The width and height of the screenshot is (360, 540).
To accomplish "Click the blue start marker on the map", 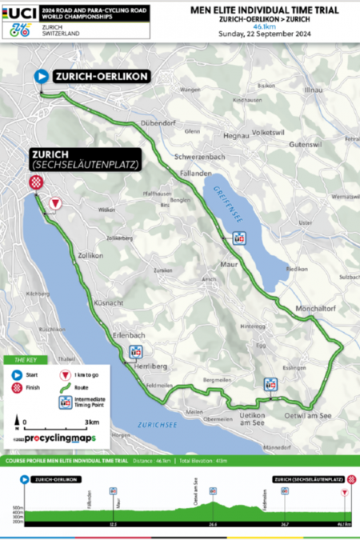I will (40, 77).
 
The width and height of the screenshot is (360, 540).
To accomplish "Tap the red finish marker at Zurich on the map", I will (35, 182).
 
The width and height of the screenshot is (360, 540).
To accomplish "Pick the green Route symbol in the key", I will (64, 387).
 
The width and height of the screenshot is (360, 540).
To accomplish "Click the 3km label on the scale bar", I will (91, 421).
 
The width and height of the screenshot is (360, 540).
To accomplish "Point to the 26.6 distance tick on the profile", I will (213, 523).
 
